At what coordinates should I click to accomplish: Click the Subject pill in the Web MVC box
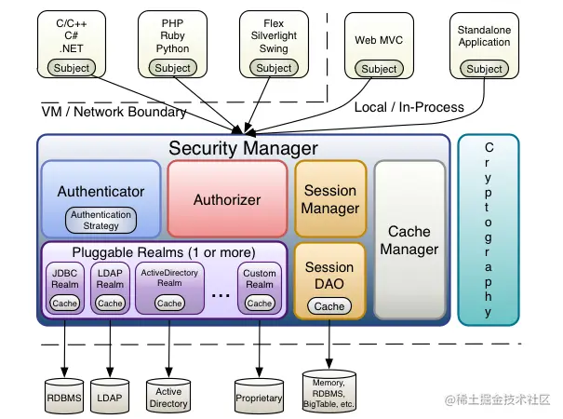click(379, 69)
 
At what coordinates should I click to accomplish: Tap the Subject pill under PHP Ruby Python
click(173, 68)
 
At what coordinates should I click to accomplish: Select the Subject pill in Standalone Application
click(484, 69)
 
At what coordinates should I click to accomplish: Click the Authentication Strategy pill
click(101, 220)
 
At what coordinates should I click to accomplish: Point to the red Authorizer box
click(227, 199)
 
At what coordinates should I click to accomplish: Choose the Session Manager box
click(330, 199)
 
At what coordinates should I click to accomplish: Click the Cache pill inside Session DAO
click(329, 306)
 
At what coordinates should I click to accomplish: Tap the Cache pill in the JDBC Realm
click(64, 304)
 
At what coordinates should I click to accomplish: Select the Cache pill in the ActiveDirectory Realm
click(169, 304)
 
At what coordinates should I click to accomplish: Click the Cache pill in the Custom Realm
click(260, 304)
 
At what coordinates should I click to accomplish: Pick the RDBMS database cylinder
click(64, 396)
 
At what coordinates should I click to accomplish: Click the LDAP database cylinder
click(110, 396)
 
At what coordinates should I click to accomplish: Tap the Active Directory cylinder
click(168, 396)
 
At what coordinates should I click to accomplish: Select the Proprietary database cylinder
click(259, 396)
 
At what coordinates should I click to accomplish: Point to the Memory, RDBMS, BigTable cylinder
click(328, 391)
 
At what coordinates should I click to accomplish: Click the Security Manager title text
click(244, 148)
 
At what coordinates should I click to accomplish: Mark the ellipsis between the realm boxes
click(221, 296)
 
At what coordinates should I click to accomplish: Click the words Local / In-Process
click(409, 107)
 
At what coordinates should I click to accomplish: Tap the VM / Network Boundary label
click(114, 112)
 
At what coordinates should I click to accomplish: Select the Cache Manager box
click(409, 239)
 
